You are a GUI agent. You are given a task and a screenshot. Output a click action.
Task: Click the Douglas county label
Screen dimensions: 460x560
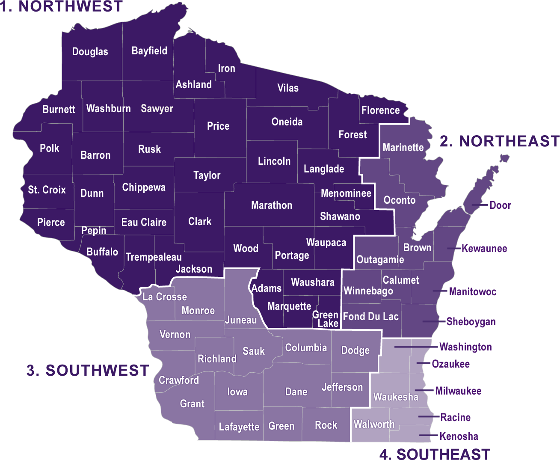click(x=90, y=52)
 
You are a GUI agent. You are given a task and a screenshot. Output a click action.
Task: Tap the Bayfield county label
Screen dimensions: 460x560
click(x=149, y=51)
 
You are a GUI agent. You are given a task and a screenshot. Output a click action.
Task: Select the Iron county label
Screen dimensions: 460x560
click(x=226, y=68)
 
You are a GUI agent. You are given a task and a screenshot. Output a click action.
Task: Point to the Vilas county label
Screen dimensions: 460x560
click(x=288, y=88)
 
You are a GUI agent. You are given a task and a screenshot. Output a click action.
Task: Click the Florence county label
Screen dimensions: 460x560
click(x=380, y=110)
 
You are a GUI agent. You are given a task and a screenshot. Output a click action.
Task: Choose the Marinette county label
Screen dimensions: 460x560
click(x=403, y=148)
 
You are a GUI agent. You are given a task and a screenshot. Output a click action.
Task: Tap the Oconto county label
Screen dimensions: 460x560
click(x=399, y=200)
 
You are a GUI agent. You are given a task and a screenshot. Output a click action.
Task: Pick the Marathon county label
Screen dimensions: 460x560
click(x=272, y=205)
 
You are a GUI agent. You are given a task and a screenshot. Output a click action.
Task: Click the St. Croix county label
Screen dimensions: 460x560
click(x=47, y=190)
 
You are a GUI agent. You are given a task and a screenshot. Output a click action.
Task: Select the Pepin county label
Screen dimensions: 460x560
click(x=94, y=231)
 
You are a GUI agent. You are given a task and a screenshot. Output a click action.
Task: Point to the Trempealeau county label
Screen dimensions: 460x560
click(x=154, y=257)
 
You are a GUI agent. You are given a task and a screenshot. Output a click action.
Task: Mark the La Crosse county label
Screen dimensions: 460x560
click(x=165, y=297)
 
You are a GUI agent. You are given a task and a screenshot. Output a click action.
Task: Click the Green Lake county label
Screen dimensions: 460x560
click(x=326, y=319)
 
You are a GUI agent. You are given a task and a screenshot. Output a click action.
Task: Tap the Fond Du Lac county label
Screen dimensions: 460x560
click(x=370, y=317)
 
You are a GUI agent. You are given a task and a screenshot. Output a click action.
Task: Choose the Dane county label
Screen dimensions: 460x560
click(x=296, y=392)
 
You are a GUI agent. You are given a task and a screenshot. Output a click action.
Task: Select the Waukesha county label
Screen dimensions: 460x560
click(x=396, y=397)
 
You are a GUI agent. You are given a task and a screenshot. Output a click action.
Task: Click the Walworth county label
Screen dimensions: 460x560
click(x=374, y=424)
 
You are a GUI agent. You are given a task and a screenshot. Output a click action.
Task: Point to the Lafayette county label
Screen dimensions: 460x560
click(x=239, y=427)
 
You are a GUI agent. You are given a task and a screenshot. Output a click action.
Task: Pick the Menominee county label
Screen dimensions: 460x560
click(x=346, y=193)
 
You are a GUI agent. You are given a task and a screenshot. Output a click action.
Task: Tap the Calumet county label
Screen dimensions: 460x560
click(x=401, y=280)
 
